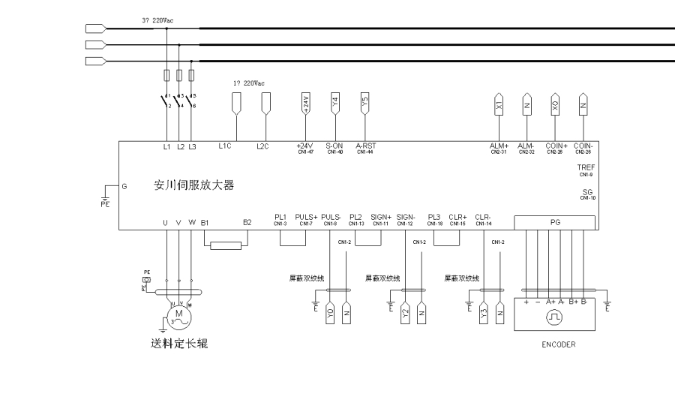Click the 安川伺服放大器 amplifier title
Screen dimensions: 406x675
click(188, 185)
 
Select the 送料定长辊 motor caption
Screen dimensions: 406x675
click(179, 344)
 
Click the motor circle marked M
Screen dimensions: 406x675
click(179, 315)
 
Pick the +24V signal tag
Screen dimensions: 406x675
click(305, 104)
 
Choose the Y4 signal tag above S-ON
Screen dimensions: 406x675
click(334, 104)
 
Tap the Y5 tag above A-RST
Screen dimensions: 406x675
click(364, 104)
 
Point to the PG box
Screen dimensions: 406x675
click(556, 222)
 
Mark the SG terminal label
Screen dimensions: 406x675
click(587, 191)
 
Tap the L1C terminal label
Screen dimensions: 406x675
click(224, 146)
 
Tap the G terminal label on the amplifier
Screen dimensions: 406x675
click(124, 185)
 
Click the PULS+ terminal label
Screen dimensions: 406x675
click(306, 217)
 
